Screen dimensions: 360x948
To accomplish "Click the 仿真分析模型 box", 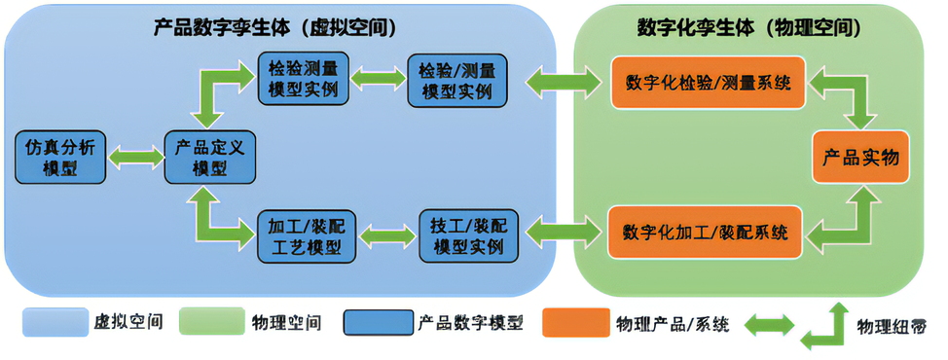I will coord(59,155).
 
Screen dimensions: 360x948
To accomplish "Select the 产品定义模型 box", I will coord(209,156).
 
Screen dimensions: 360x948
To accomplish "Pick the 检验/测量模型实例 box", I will coord(456,81).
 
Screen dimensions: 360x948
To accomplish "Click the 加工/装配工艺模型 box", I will coord(305,236).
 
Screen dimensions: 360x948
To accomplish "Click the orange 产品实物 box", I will coord(860,157).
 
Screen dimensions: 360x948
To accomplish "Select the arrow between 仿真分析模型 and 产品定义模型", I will coord(135,156).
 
